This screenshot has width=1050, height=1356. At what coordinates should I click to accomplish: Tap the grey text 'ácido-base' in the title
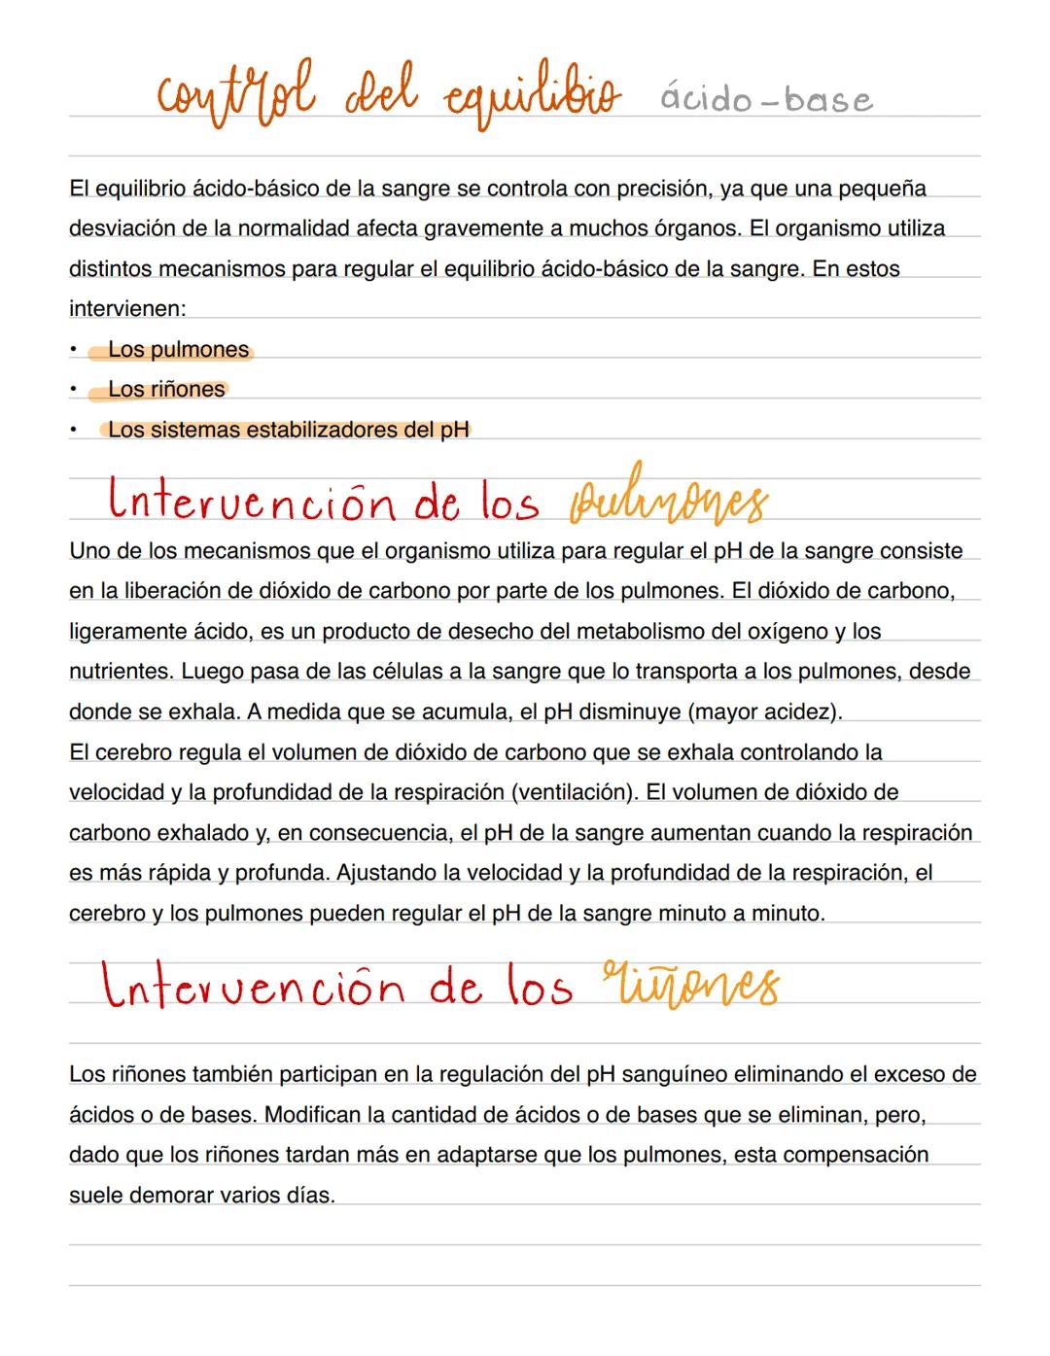[x=766, y=99]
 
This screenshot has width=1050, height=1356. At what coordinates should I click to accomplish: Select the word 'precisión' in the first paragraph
[x=660, y=189]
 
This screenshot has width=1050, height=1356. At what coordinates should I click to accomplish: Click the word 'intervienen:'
[x=126, y=309]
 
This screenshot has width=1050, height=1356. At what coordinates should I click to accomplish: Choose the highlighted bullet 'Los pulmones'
[x=178, y=350]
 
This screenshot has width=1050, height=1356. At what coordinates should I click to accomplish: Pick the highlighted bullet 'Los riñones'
[x=166, y=390]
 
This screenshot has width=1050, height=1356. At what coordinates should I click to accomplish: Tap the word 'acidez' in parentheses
[x=804, y=713]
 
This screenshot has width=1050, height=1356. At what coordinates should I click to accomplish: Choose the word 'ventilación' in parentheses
[x=574, y=792]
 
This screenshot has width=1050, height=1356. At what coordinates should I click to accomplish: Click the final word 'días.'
[x=310, y=1196]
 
